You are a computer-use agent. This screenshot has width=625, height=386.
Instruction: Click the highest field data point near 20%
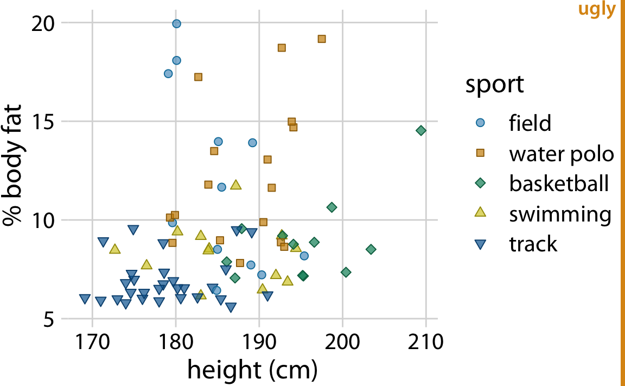176,24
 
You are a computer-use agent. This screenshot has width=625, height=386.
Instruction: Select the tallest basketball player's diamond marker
421,130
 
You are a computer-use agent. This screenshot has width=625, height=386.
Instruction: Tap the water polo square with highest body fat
322,39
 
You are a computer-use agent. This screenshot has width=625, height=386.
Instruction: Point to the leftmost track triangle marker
85,299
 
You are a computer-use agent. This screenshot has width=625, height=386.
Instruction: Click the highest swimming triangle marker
236,185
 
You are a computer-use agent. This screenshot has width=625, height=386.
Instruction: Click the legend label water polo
561,154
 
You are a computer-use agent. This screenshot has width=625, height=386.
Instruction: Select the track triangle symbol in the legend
480,245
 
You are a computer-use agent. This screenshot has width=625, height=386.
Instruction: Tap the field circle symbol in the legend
480,123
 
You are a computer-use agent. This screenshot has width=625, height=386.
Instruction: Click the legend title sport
494,85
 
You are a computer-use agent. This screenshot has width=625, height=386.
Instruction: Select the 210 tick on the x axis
426,343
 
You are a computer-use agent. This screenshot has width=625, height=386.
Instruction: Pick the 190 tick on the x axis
259,343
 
